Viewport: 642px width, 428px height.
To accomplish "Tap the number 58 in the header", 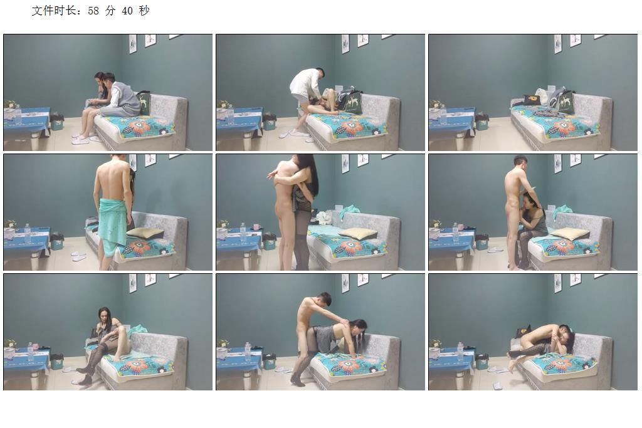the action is coord(93,11).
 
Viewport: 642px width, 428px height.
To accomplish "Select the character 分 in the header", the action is coord(110,11).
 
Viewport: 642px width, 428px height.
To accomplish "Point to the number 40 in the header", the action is coord(127,11).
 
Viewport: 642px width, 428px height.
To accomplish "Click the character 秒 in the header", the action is coord(144,11).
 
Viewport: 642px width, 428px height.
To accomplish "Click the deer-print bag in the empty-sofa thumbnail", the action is coord(566,103).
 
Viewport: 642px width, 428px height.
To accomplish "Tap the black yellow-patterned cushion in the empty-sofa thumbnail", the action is coord(532,100).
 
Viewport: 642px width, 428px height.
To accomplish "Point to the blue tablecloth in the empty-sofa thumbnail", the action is coord(450,118).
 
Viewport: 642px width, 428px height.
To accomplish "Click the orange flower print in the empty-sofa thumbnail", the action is coord(566,127).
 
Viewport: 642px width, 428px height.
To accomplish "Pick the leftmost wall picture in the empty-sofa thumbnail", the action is coord(557,44).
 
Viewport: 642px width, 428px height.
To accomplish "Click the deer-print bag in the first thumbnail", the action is coord(144,103).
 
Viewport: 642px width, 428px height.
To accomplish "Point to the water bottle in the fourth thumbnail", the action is coord(28,233).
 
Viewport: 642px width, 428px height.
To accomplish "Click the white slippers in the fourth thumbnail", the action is coord(79,256).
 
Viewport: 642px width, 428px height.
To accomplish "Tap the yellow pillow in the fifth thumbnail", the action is coord(357,233).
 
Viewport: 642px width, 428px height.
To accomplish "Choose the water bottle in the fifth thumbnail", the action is coord(243,232).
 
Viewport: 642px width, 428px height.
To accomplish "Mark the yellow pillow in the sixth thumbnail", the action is coord(569,234).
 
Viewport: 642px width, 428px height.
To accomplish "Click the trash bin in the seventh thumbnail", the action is coord(57,362).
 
